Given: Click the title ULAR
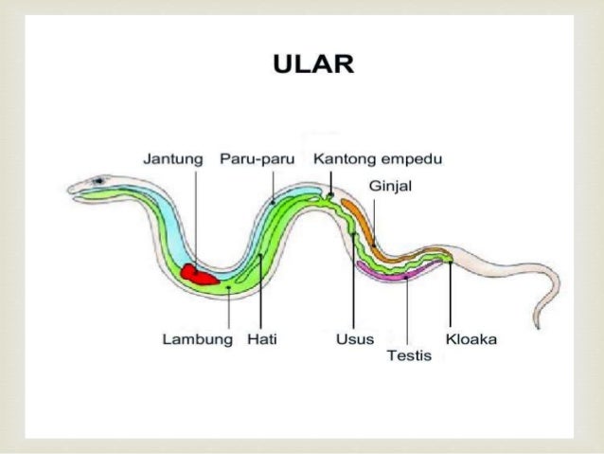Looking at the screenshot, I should click(312, 65).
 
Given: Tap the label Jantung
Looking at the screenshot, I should click(172, 158).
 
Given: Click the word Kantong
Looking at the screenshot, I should click(345, 158).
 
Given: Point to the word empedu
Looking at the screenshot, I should click(411, 158).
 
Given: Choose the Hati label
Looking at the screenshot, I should click(262, 339).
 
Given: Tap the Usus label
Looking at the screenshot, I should click(354, 339).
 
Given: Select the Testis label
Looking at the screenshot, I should click(409, 356).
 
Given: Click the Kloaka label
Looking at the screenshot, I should click(471, 339).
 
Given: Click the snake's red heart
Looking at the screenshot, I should click(199, 275).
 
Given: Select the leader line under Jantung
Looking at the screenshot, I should click(196, 218).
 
